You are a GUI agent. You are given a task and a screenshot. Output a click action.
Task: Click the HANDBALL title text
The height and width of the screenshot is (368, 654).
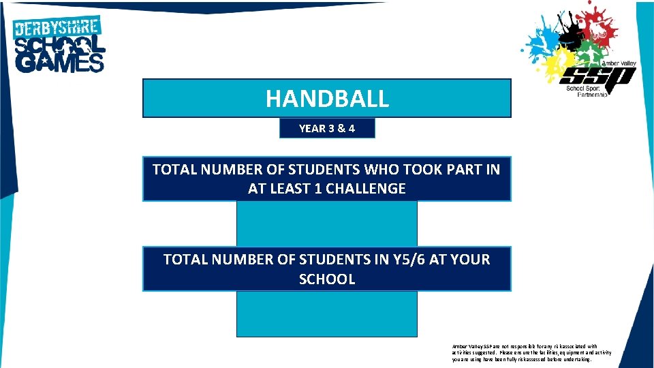[x=327, y=99]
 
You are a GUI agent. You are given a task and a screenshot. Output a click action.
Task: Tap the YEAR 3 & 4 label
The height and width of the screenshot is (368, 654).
[x=327, y=128]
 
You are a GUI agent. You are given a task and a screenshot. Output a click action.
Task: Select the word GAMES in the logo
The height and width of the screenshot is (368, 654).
[x=60, y=63]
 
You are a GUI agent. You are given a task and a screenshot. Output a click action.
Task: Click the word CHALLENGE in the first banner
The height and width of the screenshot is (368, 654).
[x=366, y=189]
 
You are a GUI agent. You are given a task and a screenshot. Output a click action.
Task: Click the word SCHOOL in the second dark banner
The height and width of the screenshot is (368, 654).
[x=327, y=279]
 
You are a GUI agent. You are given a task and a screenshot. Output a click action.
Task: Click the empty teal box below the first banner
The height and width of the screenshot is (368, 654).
[x=327, y=223]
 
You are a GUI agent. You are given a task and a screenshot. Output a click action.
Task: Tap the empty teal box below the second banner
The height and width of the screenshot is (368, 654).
[x=327, y=313]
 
